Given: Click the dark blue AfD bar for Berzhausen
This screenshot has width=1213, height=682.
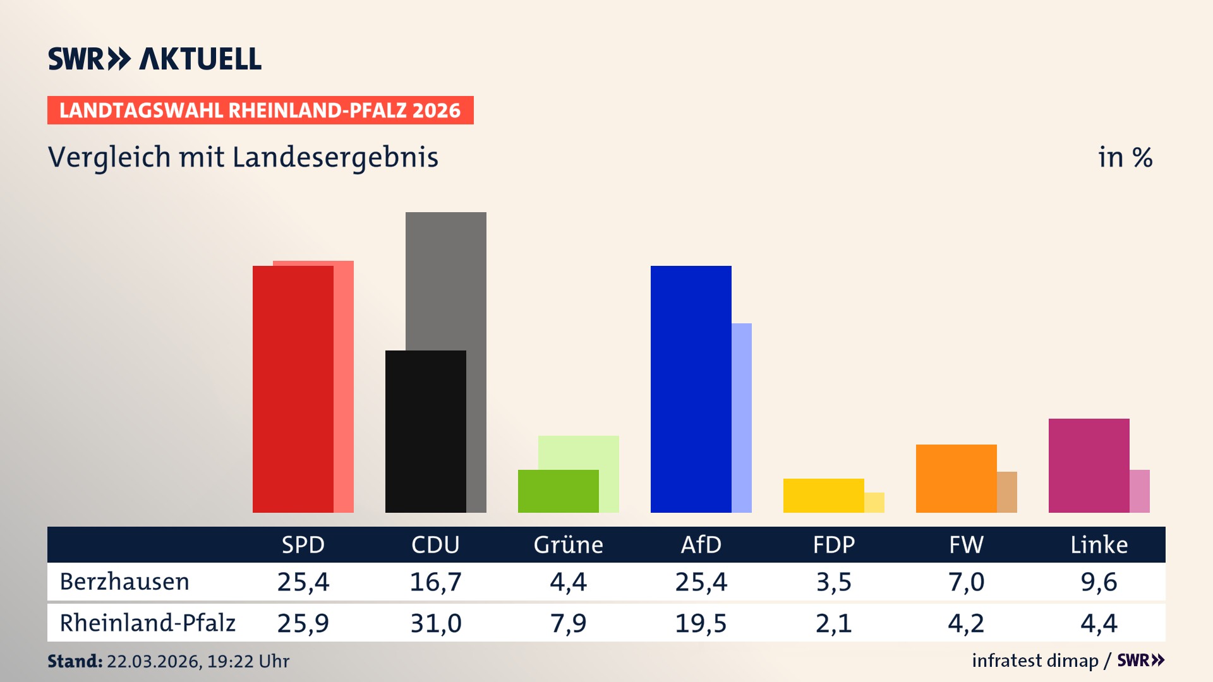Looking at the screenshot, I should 691,388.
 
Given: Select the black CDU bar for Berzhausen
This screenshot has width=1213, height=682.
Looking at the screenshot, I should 425,431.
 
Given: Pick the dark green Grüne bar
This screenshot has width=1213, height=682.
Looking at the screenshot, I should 558,491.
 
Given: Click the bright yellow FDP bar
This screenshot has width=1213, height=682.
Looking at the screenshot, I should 823,495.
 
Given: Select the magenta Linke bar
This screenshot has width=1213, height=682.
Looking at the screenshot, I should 1089,465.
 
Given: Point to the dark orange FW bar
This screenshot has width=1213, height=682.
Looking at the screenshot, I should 956,478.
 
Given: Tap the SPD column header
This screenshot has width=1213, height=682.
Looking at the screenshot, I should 303,544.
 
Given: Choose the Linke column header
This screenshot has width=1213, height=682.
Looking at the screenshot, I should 1099,544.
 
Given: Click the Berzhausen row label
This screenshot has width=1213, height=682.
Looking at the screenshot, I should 124,582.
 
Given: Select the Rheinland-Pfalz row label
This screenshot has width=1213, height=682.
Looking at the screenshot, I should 147,623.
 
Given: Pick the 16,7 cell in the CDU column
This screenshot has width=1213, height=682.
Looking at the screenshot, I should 435,582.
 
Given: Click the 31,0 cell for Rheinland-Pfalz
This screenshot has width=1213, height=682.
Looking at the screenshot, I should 435,623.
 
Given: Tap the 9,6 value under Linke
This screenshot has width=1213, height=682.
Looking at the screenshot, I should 1099,582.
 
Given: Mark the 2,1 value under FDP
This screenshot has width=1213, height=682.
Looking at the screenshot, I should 833,623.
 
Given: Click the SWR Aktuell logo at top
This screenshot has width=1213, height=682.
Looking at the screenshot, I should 155,59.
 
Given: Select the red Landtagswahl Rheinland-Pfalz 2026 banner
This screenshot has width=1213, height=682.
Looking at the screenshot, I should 260,111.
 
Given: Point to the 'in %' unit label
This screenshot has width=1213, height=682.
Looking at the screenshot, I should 1125,157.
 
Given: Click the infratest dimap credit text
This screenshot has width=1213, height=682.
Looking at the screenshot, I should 1035,661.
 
